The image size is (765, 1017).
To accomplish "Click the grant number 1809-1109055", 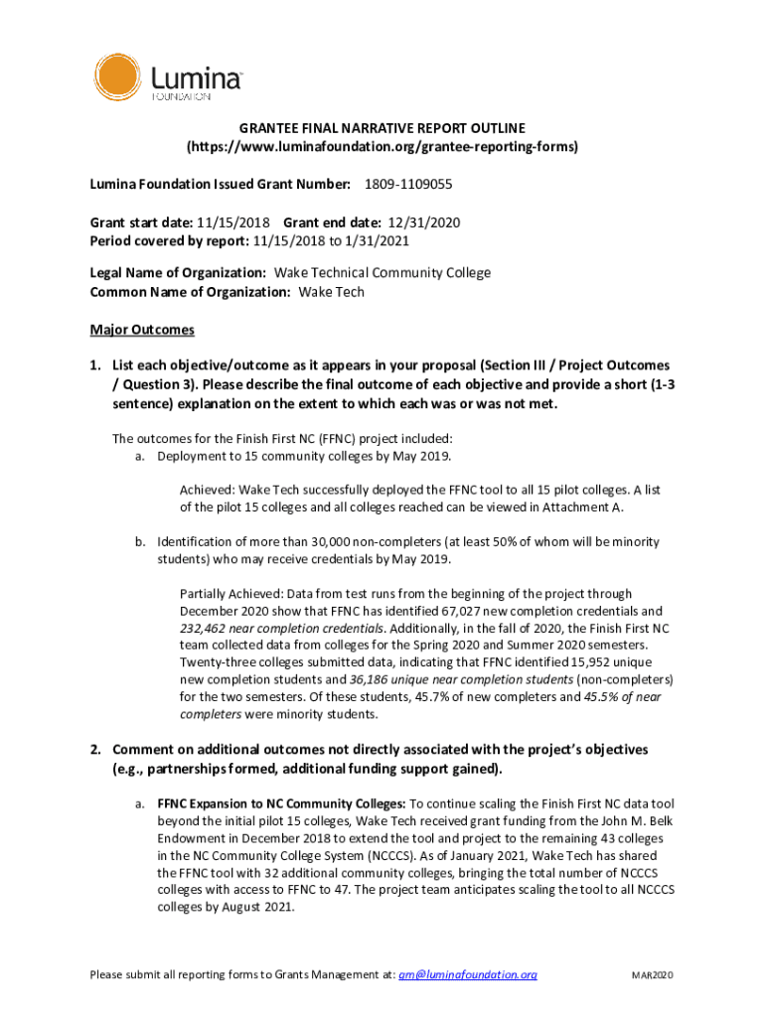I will [408, 185].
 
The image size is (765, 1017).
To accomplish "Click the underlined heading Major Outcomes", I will [142, 329].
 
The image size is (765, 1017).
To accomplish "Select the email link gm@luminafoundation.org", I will [467, 974].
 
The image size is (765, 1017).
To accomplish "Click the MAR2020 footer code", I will [653, 975].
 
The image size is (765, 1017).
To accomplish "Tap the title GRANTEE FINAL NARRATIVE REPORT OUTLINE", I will [382, 128].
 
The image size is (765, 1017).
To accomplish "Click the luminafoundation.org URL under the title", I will [382, 146].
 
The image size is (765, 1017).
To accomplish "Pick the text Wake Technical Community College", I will [382, 273].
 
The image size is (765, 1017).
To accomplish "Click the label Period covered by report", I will [169, 240].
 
